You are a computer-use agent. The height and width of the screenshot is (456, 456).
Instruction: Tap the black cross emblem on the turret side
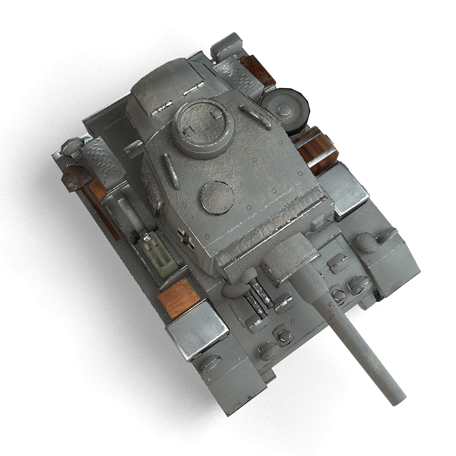186,238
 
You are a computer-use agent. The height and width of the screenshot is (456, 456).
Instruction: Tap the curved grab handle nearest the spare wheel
257,116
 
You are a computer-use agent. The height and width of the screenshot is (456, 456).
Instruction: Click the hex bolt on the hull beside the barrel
338,295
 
